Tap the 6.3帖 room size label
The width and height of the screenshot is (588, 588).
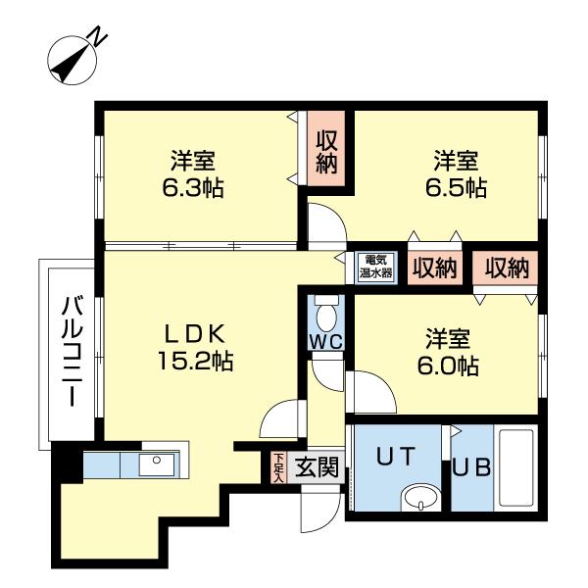coord(193,174)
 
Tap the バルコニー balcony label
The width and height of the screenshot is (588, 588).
coord(70,351)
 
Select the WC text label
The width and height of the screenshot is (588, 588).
coord(325,341)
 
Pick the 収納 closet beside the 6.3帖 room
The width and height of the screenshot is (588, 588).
coord(327,153)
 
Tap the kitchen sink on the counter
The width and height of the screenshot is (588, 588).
coord(154,465)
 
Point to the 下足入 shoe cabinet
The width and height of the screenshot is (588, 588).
coord(278,467)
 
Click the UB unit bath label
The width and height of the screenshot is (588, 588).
coord(471,466)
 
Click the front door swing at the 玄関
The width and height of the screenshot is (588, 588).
coord(319,502)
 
